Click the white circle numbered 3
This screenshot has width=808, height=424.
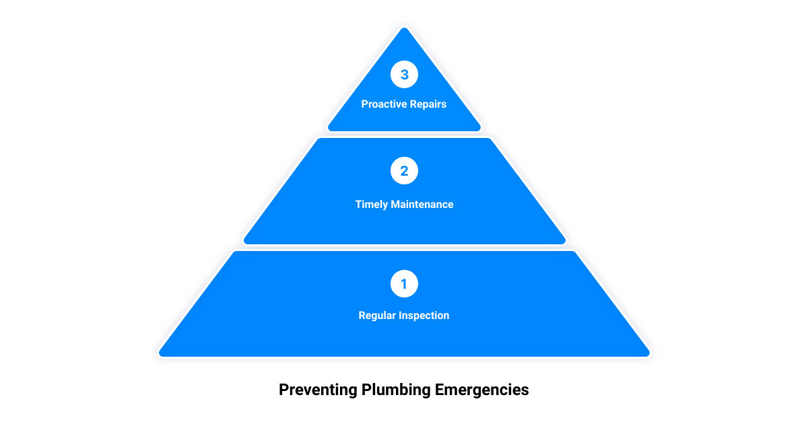point(404,74)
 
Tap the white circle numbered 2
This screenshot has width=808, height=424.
point(404,170)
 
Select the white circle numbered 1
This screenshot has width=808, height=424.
point(404,284)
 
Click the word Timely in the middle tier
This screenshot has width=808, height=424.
point(372,205)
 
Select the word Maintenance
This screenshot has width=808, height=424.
point(422,205)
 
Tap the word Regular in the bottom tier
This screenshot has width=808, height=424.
point(377,316)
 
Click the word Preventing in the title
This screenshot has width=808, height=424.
point(318,390)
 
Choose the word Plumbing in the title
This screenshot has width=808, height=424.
point(396,390)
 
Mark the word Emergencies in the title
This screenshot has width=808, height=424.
point(481,390)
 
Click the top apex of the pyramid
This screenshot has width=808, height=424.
point(404,28)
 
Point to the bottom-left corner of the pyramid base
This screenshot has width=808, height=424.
point(160,355)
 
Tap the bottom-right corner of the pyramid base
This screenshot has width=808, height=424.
point(648,355)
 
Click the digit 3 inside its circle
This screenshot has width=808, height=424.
point(405,75)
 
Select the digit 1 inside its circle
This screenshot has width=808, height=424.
point(404,284)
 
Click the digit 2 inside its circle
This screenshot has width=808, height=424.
point(405,171)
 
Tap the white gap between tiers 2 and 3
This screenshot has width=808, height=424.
point(404,135)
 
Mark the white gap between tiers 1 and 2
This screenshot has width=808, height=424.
point(404,248)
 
